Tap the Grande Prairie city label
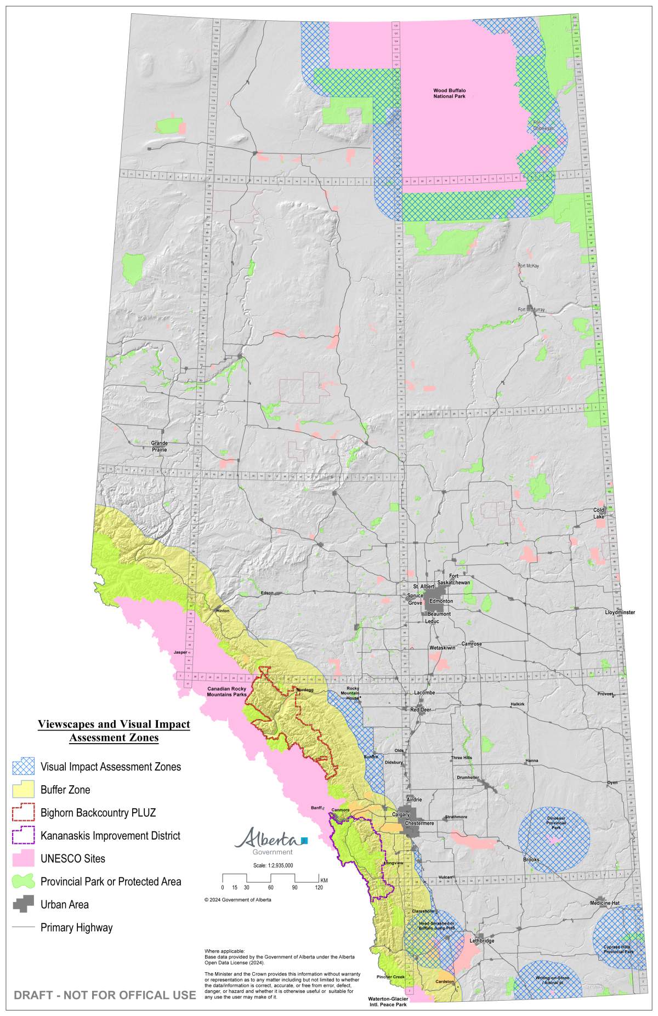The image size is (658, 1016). click(x=159, y=446)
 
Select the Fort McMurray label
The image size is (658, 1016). click(x=531, y=310)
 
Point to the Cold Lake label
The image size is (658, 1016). click(x=599, y=513)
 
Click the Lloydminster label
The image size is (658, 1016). click(x=620, y=612)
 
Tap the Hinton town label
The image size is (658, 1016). click(x=223, y=610)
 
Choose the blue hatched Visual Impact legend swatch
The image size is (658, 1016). click(x=23, y=767)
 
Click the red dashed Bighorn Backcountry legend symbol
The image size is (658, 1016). click(x=23, y=813)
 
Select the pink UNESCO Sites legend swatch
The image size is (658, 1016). click(x=23, y=859)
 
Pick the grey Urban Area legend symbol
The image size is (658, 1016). click(x=23, y=904)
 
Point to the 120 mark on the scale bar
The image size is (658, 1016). click(x=319, y=887)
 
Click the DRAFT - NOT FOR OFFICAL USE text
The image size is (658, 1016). click(x=105, y=995)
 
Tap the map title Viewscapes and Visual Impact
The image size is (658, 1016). click(x=114, y=724)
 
